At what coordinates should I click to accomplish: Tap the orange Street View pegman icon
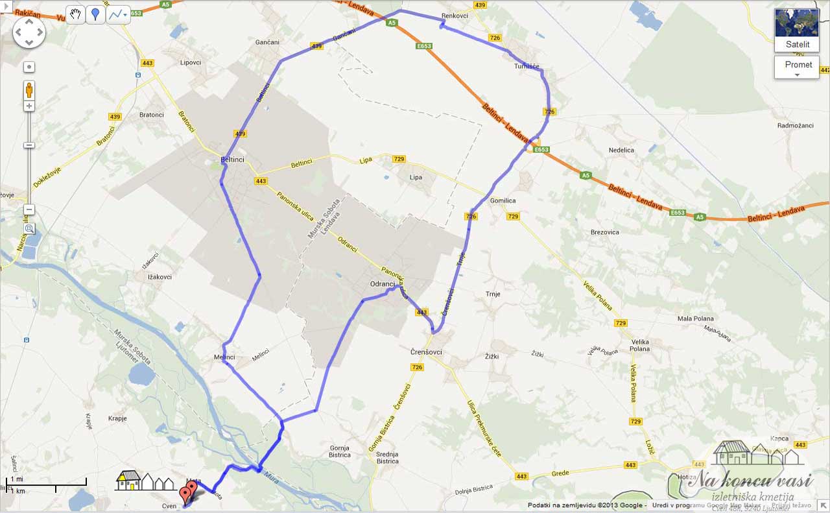[29, 89]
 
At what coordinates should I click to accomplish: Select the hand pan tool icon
[75, 15]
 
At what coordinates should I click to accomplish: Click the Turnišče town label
[527, 66]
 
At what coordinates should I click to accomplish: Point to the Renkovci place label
[455, 16]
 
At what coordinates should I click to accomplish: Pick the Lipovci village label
[191, 63]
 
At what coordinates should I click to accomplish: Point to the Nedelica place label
[621, 150]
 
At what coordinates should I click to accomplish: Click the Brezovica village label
[604, 232]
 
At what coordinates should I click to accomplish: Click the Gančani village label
[268, 42]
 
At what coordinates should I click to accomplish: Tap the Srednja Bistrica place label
[387, 457]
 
